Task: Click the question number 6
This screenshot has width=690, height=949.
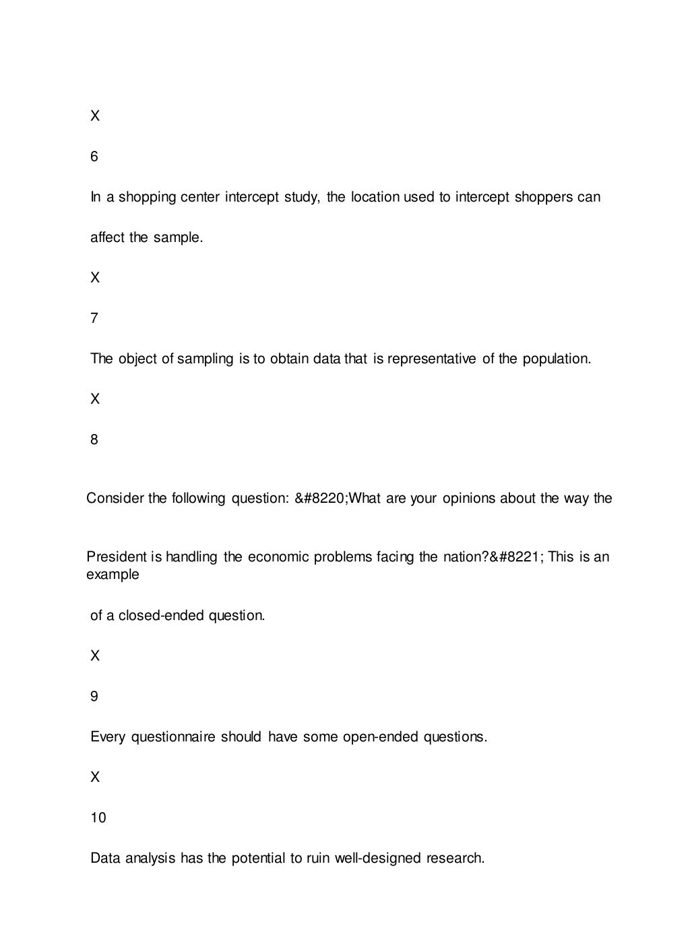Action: point(94,156)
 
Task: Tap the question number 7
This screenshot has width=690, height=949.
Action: point(94,318)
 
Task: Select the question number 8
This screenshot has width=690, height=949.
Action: point(94,439)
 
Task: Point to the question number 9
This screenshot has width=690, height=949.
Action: point(94,696)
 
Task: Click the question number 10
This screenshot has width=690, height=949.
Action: point(98,818)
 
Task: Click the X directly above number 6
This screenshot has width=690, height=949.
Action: point(95,116)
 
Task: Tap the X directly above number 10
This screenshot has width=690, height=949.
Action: point(95,777)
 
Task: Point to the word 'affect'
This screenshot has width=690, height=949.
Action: point(108,237)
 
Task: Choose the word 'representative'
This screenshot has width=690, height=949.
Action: point(431,359)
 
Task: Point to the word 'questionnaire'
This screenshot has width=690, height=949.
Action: point(174,737)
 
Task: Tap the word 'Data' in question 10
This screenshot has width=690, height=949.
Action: point(104,858)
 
